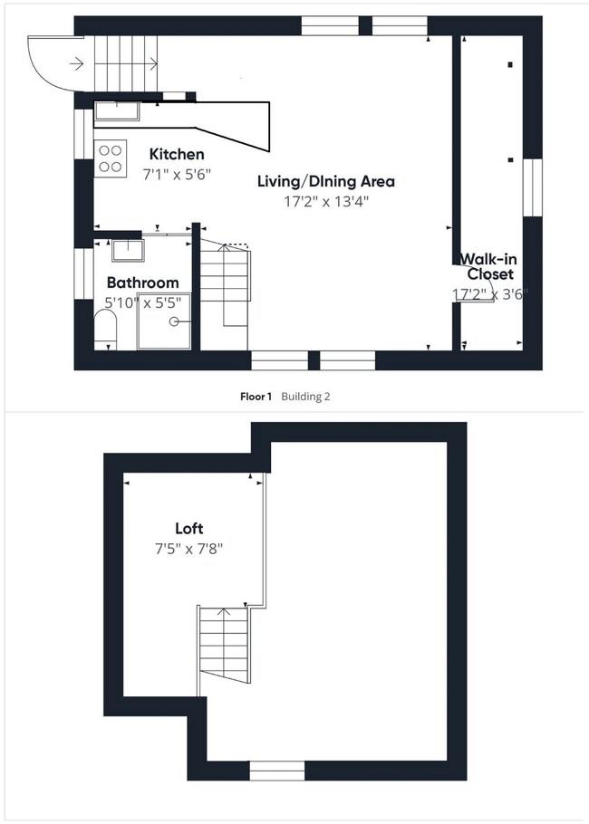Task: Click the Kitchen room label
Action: [x=177, y=154]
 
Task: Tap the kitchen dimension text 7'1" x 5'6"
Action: [x=177, y=175]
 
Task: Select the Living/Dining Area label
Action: [x=325, y=181]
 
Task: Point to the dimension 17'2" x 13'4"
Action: [x=325, y=202]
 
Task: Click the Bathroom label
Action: [x=142, y=283]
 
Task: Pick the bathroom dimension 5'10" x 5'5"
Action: [x=142, y=302]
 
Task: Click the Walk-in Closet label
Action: [x=489, y=266]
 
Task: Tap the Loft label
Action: [x=189, y=528]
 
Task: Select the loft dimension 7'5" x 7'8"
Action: [x=189, y=549]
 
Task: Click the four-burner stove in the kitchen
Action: [x=110, y=159]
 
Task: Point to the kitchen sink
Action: [x=117, y=112]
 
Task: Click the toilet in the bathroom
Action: [x=104, y=331]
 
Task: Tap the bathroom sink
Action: [x=125, y=249]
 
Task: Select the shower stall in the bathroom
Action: [x=164, y=321]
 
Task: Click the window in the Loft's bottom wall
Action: [x=277, y=771]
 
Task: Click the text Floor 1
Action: [x=256, y=397]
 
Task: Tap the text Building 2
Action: [x=306, y=397]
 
